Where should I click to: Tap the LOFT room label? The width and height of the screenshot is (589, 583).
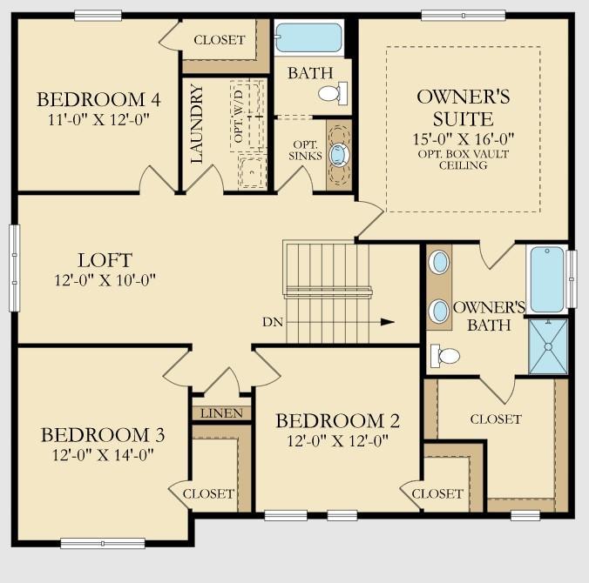click(105, 260)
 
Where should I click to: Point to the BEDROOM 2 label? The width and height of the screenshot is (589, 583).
click(337, 421)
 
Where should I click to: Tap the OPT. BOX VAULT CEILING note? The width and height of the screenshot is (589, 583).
click(464, 160)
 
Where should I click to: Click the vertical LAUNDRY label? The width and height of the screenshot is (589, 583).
click(197, 124)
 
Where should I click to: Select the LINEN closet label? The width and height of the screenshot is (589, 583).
click(221, 413)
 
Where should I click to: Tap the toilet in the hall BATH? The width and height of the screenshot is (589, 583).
click(331, 93)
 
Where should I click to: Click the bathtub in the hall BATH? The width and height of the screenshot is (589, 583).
click(309, 38)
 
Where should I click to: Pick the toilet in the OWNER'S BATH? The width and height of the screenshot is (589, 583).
click(447, 355)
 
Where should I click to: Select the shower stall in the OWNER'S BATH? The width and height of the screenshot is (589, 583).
click(548, 346)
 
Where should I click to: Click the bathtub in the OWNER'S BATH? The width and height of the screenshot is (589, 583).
click(547, 279)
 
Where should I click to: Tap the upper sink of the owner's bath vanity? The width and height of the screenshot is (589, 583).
click(441, 262)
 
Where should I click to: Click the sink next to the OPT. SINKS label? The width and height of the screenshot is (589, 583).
click(338, 155)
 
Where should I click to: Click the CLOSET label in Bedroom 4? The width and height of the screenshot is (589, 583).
click(219, 40)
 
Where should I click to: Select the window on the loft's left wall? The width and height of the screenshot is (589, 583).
click(14, 267)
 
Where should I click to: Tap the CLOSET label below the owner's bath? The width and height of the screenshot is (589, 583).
click(496, 419)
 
